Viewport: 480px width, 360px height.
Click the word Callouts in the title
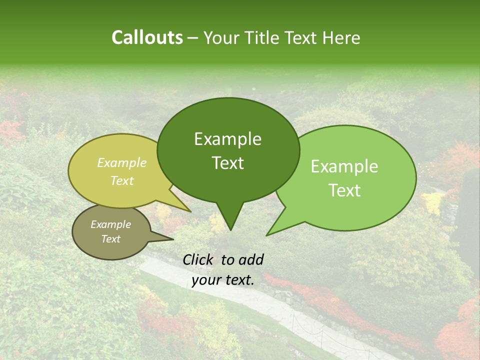coord(147,37)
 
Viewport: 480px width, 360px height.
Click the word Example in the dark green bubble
coord(227,139)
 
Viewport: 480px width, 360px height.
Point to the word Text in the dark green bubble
coord(227,163)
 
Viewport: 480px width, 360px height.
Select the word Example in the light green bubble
coord(344,166)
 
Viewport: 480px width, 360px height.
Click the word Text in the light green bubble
coord(344,190)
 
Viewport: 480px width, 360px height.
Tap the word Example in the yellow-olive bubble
coord(122,162)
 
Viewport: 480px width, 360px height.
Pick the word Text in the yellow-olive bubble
coord(122,180)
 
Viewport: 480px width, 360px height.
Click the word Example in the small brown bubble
coord(110,224)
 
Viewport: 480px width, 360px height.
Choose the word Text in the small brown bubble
coord(110,239)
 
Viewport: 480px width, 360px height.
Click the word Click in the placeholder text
coord(199,259)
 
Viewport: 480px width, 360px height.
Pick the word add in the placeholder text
coord(251,259)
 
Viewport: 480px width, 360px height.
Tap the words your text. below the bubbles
coord(223,280)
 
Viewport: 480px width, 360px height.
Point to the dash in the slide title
coord(193,38)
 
